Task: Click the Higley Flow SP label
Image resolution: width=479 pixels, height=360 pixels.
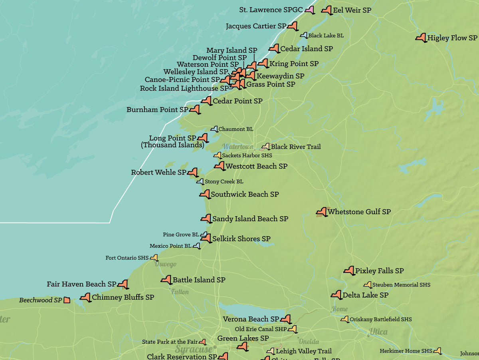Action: click(452, 38)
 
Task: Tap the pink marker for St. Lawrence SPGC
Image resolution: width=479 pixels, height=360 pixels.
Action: click(309, 10)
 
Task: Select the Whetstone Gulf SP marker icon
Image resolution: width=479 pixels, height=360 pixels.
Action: click(322, 212)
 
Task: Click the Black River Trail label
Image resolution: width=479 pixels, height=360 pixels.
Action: click(296, 147)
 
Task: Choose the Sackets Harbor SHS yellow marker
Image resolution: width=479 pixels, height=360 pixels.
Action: click(218, 155)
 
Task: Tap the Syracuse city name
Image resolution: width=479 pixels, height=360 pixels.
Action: click(194, 349)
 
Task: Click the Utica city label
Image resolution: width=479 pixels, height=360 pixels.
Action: click(378, 332)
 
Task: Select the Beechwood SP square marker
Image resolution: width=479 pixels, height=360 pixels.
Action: click(67, 300)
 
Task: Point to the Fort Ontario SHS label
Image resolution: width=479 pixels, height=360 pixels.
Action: click(127, 258)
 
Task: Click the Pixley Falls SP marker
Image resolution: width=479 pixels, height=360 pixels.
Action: click(349, 270)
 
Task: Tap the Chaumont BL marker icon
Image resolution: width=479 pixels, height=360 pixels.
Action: click(214, 129)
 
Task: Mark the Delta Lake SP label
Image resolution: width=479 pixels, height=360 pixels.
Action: click(366, 295)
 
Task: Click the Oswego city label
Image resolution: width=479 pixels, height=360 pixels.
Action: click(166, 265)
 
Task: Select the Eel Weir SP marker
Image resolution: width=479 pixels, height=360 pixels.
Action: click(327, 10)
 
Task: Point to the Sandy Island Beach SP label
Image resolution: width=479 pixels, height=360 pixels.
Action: click(250, 219)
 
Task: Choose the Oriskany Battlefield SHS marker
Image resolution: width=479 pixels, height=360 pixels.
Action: click(344, 319)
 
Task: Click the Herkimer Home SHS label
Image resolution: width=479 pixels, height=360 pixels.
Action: click(406, 351)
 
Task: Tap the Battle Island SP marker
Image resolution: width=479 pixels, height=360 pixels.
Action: click(166, 280)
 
